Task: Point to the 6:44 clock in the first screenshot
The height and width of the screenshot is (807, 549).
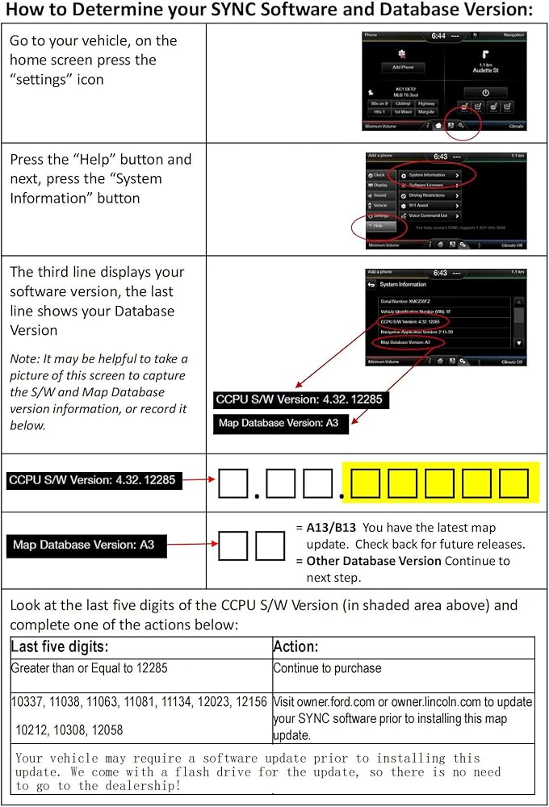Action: [438, 36]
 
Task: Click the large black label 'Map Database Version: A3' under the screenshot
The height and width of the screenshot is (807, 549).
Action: [279, 423]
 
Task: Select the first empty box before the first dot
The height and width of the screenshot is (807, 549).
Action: [233, 483]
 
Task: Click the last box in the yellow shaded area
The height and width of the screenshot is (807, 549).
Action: [513, 483]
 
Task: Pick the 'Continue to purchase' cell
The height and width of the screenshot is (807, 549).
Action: [327, 668]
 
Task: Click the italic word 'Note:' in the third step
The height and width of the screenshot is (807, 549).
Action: [25, 358]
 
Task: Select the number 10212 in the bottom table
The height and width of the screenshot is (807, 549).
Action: [32, 730]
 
